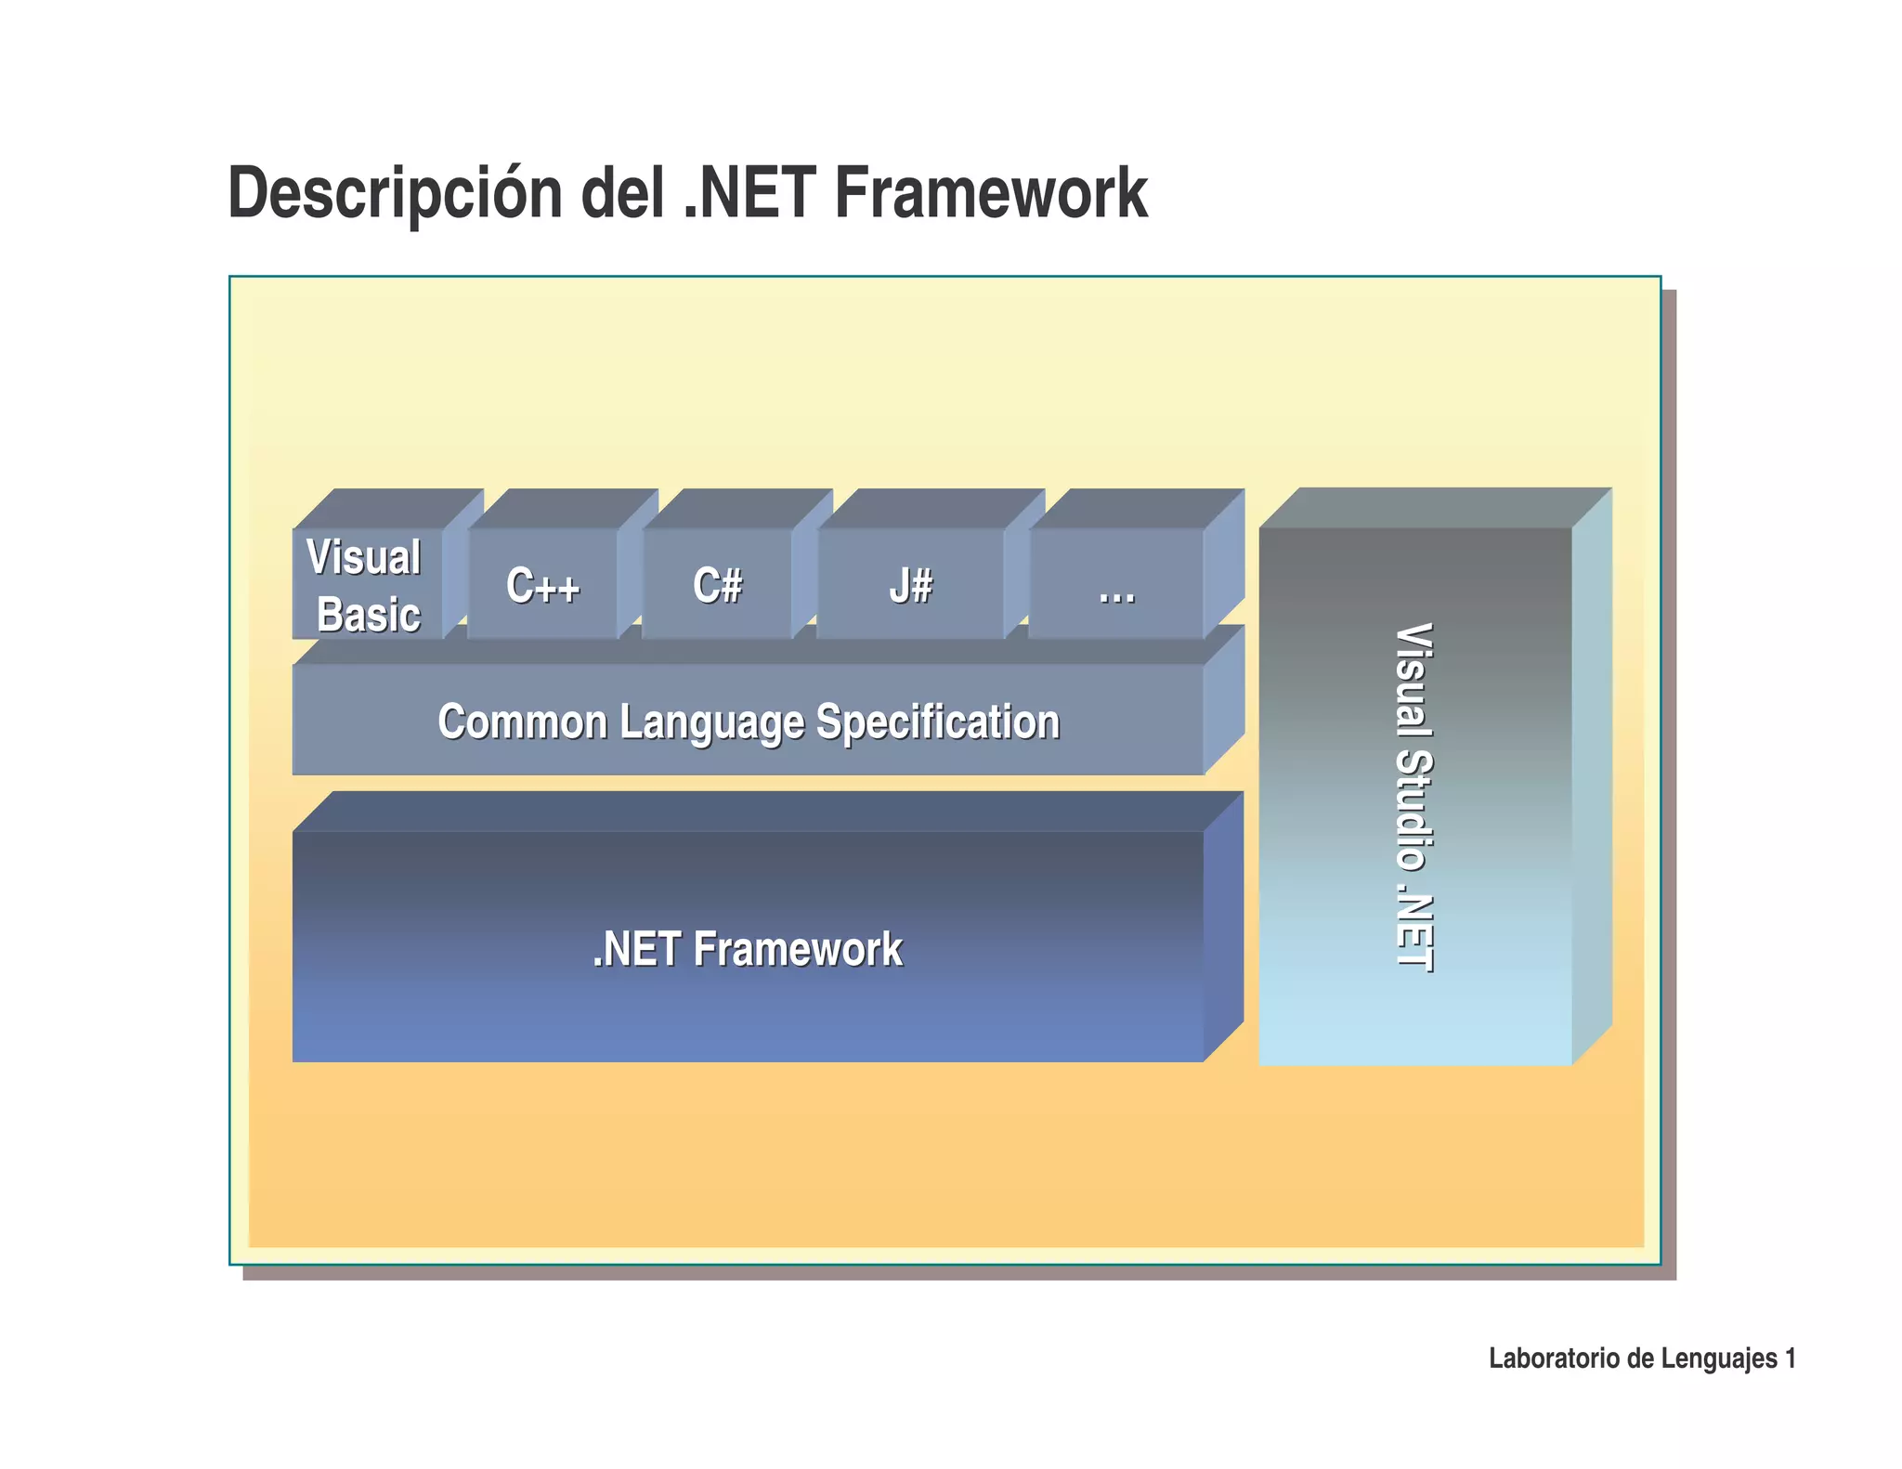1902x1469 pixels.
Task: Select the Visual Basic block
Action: [x=367, y=585]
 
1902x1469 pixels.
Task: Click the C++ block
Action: [x=542, y=586]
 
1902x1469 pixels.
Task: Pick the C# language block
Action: [x=717, y=586]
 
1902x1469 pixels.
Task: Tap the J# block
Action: [x=910, y=586]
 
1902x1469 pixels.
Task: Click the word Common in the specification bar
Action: [x=522, y=721]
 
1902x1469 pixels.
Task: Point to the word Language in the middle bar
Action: [x=711, y=723]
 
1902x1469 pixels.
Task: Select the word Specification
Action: [x=937, y=721]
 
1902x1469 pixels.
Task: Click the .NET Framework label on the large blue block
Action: [x=748, y=949]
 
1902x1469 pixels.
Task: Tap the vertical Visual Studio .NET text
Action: [x=1414, y=797]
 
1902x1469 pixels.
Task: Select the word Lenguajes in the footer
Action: [x=1719, y=1358]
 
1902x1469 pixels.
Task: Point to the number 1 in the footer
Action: [x=1790, y=1358]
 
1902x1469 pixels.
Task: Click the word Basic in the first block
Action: [x=369, y=615]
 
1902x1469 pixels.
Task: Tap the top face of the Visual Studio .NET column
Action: [x=1435, y=507]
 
